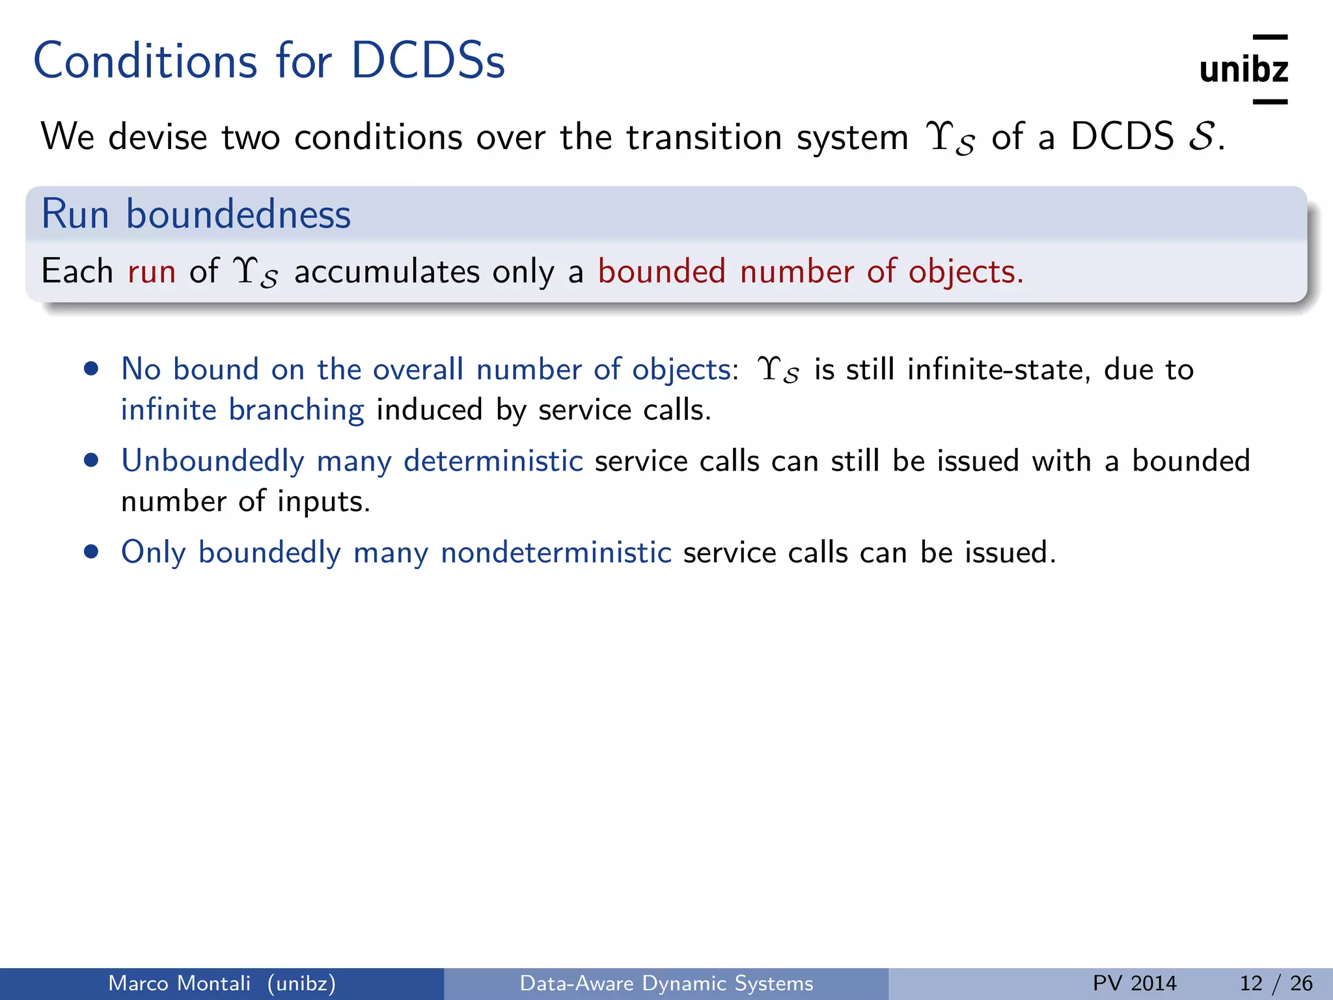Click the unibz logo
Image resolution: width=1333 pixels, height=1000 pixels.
coord(1243,70)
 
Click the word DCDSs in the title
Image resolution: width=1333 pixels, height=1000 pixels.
coord(428,62)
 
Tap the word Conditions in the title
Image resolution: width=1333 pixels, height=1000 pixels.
coord(145,62)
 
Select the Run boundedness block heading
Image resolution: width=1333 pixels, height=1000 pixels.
coord(196,214)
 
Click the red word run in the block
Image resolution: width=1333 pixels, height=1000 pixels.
coord(152,271)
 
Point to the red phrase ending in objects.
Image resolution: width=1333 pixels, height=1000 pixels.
coord(810,271)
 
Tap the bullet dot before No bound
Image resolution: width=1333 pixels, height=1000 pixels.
coord(92,369)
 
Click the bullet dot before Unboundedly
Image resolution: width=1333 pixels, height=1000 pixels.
coord(92,461)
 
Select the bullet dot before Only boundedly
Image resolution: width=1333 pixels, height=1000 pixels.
coord(92,552)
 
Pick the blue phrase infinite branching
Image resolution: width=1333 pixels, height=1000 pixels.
coord(242,410)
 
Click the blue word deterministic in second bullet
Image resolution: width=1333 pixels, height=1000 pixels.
coord(493,461)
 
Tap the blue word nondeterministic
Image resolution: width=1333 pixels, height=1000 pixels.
coord(556,552)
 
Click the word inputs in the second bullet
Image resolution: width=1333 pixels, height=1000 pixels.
coord(323,502)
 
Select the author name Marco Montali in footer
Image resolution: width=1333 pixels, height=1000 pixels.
coord(179,983)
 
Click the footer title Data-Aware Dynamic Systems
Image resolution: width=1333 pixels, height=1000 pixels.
coord(666,983)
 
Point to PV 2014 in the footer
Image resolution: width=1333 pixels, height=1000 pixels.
coord(1134,983)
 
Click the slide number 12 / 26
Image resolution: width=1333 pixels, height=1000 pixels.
coord(1276,983)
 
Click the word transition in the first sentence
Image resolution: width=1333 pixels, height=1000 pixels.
coord(704,137)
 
